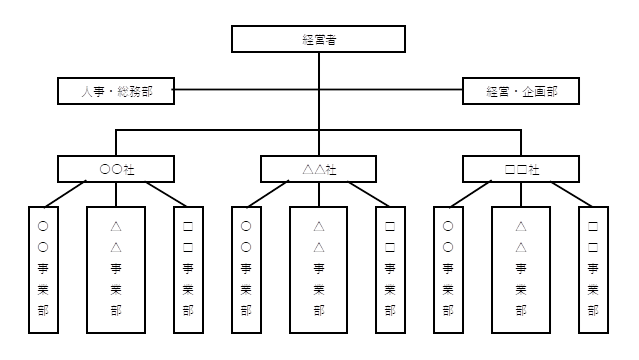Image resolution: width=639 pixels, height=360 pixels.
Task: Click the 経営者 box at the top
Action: click(x=318, y=39)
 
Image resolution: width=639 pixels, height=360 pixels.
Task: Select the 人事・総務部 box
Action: click(x=116, y=91)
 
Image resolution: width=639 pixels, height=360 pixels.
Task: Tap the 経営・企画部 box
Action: click(x=521, y=91)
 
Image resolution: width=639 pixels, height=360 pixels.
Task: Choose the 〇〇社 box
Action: click(x=116, y=169)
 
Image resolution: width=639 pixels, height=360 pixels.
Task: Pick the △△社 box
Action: click(x=318, y=169)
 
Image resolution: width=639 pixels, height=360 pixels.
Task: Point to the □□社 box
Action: click(x=521, y=169)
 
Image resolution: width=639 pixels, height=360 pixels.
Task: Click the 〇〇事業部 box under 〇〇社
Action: click(x=43, y=270)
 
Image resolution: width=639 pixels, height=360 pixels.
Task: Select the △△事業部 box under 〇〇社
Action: click(x=116, y=270)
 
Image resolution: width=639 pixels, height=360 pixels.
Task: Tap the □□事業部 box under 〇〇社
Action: click(x=188, y=270)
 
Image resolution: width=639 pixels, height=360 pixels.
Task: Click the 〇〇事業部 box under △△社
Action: click(x=246, y=270)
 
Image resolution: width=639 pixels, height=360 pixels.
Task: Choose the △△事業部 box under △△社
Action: click(x=318, y=270)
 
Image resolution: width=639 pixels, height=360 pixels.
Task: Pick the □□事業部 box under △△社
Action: click(x=390, y=270)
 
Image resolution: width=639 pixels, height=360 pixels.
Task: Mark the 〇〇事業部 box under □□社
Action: click(x=448, y=270)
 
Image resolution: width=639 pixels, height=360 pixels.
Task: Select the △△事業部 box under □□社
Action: click(x=521, y=270)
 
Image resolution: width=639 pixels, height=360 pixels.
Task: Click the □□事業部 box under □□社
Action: click(x=593, y=270)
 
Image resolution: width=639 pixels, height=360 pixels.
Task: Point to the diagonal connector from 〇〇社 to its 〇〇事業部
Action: click(x=66, y=194)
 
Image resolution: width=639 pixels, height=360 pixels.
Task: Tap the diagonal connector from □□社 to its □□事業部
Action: click(x=571, y=194)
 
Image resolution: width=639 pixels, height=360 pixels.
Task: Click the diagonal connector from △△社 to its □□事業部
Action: click(x=369, y=194)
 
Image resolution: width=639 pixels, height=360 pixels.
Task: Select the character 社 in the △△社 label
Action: click(x=331, y=169)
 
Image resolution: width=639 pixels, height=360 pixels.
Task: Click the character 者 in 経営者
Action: click(x=331, y=40)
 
